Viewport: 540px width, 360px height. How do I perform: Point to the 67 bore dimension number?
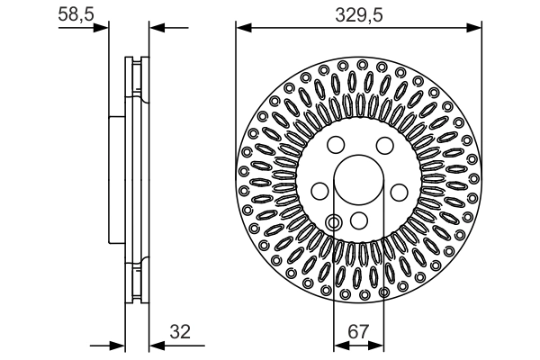click(358, 331)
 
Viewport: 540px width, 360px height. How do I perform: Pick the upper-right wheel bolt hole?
click(383, 147)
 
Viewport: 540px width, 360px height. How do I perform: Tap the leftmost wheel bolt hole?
click(319, 190)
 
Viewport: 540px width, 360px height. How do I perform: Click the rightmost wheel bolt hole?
click(397, 190)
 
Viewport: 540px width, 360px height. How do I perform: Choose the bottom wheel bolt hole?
click(358, 221)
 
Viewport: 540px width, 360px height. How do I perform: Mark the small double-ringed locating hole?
click(334, 221)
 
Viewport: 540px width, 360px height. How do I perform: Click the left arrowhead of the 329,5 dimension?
click(242, 28)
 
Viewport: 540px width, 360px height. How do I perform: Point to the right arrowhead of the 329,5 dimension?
click(474, 28)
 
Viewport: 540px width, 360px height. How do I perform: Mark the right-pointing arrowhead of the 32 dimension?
click(117, 344)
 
